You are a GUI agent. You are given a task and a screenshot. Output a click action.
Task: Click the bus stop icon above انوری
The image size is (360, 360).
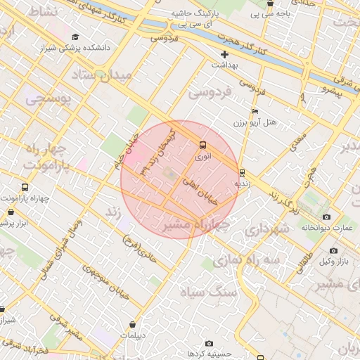202,146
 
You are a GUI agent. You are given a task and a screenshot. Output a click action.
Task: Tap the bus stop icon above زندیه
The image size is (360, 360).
242,172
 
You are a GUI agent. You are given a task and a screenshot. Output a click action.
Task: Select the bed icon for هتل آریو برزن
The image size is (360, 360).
255,111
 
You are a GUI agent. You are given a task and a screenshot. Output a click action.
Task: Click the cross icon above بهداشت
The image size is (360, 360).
224,54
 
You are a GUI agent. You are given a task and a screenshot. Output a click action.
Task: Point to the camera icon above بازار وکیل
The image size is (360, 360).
333,251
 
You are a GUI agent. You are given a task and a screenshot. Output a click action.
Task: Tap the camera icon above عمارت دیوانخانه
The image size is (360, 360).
326,217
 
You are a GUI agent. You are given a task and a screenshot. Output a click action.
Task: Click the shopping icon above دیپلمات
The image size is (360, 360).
133,325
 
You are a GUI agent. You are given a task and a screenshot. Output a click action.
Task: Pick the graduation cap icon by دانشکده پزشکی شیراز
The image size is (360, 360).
75,37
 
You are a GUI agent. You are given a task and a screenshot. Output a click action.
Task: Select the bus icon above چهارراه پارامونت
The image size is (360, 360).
25,188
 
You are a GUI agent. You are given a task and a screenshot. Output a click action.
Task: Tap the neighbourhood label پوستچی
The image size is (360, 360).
49,99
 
